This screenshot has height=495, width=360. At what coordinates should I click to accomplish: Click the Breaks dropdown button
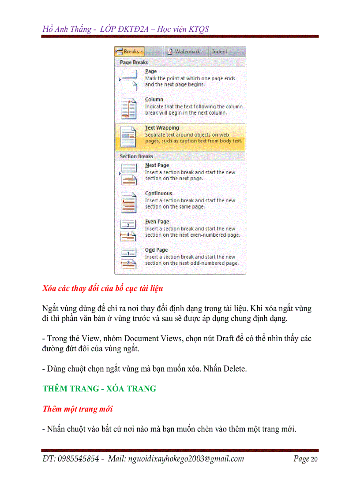tap(129, 52)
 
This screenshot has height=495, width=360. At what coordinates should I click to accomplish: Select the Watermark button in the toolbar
tap(187, 52)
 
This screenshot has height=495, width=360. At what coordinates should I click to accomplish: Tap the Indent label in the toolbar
tap(219, 52)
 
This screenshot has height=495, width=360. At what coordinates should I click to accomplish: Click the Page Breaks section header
tap(134, 63)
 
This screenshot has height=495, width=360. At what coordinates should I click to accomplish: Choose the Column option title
tap(154, 100)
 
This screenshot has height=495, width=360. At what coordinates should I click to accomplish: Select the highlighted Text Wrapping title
tap(162, 128)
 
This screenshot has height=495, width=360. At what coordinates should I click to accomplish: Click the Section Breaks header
tap(136, 156)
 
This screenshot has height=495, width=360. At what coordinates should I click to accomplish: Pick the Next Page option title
tap(157, 165)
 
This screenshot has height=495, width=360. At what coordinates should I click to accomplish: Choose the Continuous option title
tap(158, 194)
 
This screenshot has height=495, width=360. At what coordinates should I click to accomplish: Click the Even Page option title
tap(157, 222)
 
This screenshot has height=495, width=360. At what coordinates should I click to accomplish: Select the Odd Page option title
tap(156, 250)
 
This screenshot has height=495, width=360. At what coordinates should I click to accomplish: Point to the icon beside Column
tap(129, 108)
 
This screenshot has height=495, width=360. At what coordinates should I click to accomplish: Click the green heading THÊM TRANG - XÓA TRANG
tap(99, 389)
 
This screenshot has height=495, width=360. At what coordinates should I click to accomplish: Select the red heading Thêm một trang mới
tap(77, 409)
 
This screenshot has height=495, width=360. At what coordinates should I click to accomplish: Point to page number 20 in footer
tap(314, 459)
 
